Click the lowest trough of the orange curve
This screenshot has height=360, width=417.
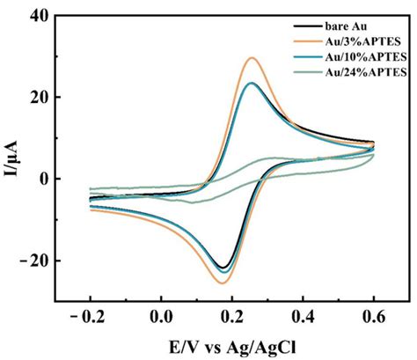tap(222, 283)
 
